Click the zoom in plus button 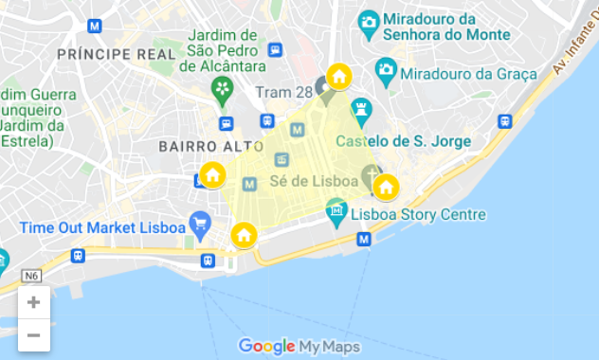(x=33, y=303)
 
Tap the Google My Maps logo (x=299, y=347)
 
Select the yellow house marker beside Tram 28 (x=338, y=77)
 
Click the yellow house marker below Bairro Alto (x=212, y=175)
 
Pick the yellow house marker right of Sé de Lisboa (x=385, y=187)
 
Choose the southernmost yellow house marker (x=244, y=235)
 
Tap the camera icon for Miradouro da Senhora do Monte (x=370, y=21)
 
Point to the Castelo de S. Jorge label (x=404, y=142)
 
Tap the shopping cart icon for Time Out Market (x=200, y=225)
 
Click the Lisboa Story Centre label (x=418, y=215)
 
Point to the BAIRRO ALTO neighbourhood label (x=210, y=146)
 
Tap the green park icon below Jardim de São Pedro (x=223, y=91)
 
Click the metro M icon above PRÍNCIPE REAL (x=94, y=26)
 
